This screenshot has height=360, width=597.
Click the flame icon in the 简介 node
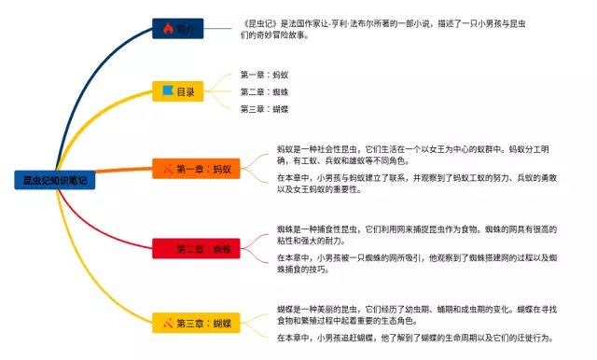[x=168, y=29]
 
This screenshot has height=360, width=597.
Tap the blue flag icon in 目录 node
[x=168, y=91]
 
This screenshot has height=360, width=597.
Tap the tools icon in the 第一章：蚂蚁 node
[x=168, y=169]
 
